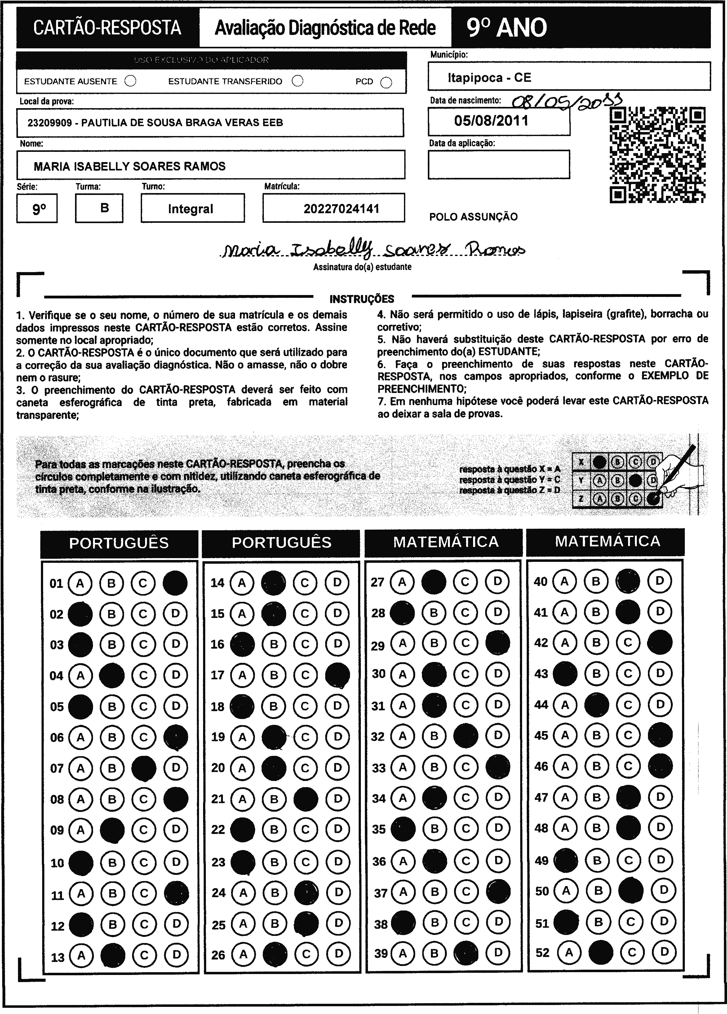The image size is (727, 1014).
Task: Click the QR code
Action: (x=658, y=155)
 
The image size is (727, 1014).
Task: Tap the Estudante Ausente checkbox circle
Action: (x=131, y=81)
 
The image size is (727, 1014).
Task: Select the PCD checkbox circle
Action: (x=386, y=82)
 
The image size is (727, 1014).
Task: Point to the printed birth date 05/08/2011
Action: (x=491, y=121)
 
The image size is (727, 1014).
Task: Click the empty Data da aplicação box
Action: (x=499, y=165)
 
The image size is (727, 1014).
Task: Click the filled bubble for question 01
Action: (x=175, y=583)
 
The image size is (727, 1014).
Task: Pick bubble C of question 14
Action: (x=305, y=583)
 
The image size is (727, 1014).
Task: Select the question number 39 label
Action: (x=381, y=954)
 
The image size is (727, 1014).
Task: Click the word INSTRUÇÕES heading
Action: (x=361, y=299)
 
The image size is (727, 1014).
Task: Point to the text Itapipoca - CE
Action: (x=490, y=78)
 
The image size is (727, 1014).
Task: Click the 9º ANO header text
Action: (x=507, y=28)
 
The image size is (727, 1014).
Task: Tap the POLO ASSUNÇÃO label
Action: (x=473, y=217)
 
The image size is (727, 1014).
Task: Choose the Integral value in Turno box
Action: (x=191, y=209)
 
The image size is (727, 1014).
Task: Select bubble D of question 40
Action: (x=660, y=581)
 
